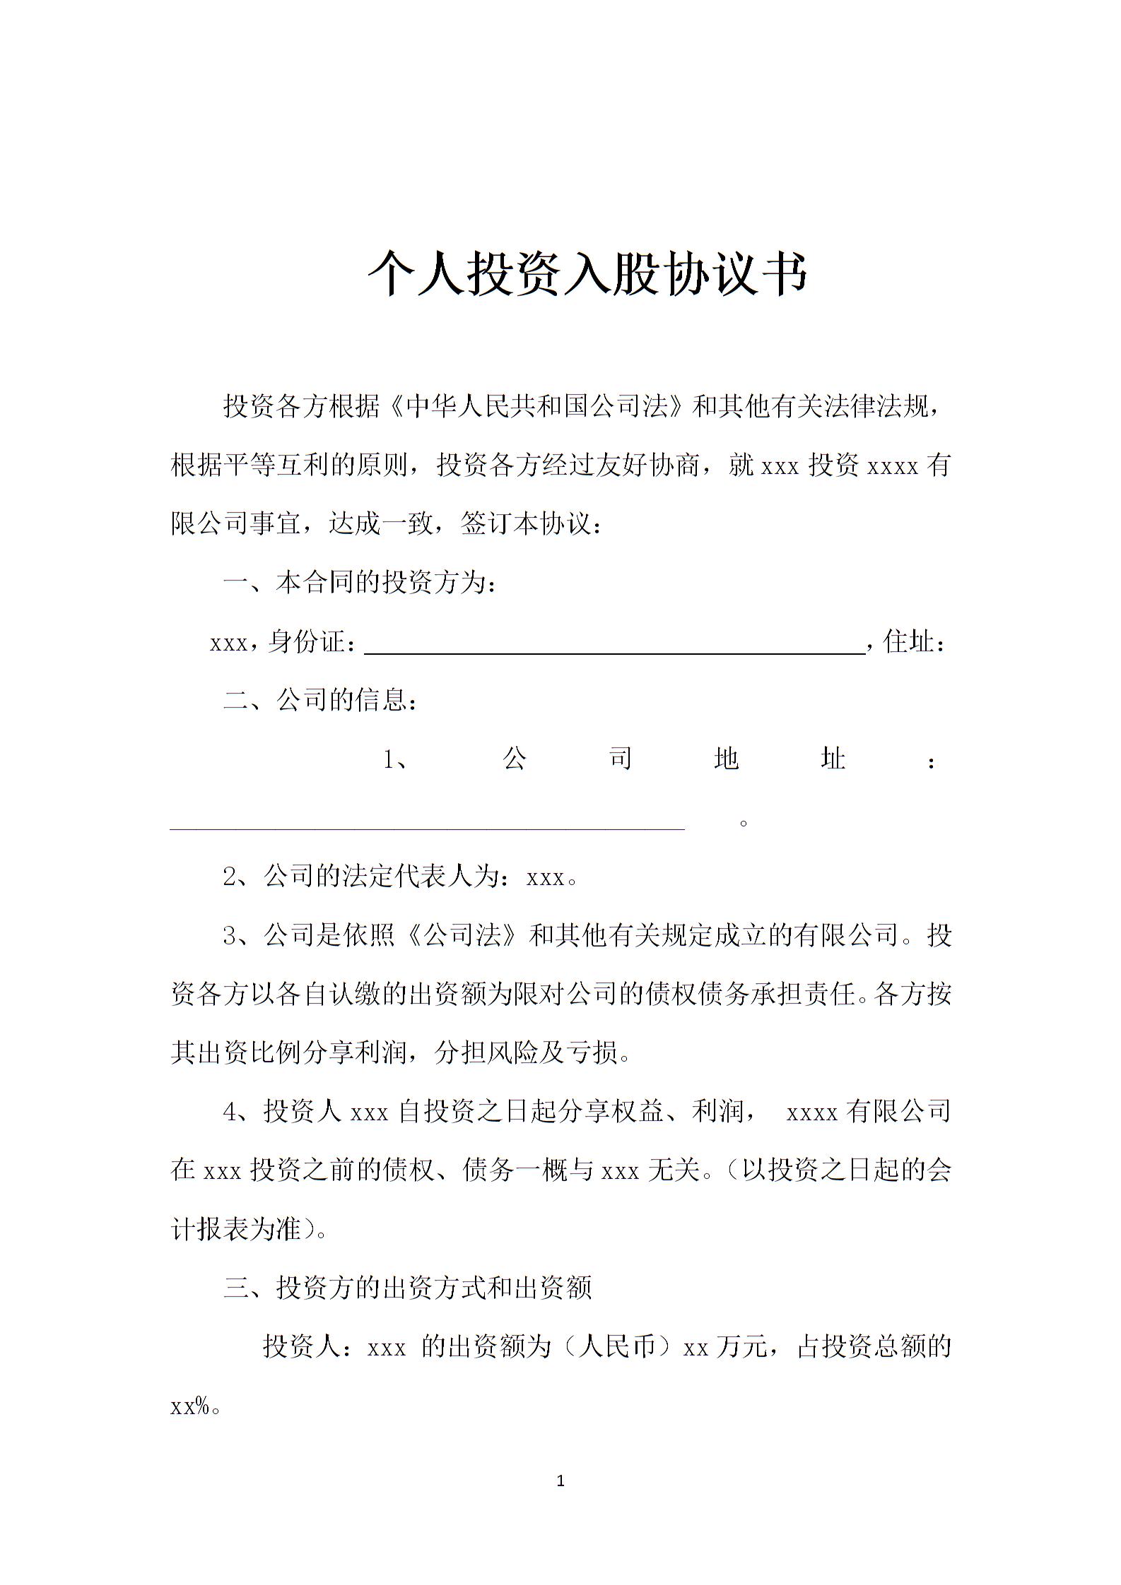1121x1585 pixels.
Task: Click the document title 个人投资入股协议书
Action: pos(587,273)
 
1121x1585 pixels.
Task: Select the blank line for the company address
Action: pos(428,822)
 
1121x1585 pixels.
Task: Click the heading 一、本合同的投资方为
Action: pos(360,583)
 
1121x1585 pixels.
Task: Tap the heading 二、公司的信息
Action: pos(320,700)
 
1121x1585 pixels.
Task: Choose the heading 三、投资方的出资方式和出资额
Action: pos(407,1288)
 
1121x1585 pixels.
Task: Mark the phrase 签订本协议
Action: pos(524,525)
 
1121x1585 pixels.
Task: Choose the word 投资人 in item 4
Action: pos(303,1112)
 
